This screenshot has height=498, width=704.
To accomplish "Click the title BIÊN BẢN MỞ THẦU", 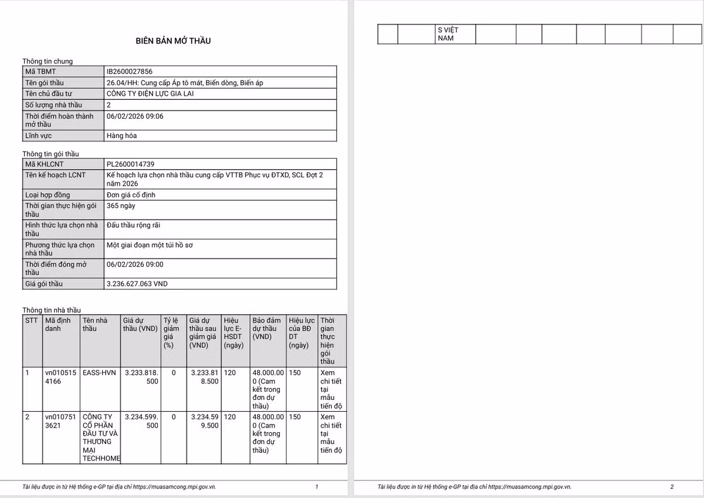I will tap(173, 41).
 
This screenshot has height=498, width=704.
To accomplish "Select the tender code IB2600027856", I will tap(129, 72).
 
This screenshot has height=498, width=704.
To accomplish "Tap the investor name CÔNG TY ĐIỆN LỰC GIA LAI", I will tap(150, 93).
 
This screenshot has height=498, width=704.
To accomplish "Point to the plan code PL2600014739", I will tap(130, 164).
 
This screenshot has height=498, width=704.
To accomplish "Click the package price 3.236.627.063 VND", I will tap(137, 284).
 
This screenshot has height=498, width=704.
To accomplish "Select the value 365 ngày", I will tap(121, 206).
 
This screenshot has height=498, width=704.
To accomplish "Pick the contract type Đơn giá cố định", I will tap(131, 195).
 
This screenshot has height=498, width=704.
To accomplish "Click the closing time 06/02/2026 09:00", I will tap(135, 265).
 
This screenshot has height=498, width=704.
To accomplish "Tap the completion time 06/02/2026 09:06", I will tap(135, 116).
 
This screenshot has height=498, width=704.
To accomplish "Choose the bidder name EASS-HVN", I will tap(99, 373).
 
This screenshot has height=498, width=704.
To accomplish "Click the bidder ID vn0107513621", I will tap(60, 421).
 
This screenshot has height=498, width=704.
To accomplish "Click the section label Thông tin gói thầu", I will tap(50, 154).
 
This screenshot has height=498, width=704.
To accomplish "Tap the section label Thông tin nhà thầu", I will tap(52, 310).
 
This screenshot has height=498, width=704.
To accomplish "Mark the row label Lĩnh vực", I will tap(39, 136).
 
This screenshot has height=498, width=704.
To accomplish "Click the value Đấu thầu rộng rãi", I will tap(133, 226).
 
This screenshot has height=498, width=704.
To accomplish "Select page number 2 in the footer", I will tap(672, 487).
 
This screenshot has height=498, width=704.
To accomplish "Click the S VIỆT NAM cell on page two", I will tap(448, 34).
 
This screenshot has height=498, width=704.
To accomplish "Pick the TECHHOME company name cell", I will tap(101, 438).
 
